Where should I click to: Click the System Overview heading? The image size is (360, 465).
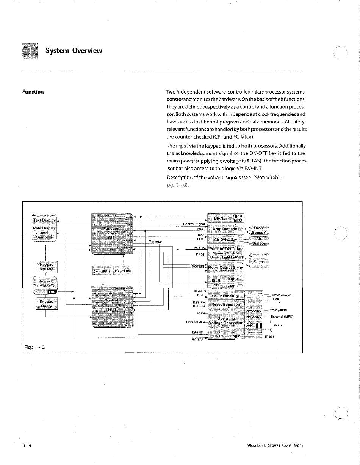click(x=74, y=51)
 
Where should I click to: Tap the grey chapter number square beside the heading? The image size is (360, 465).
click(x=30, y=51)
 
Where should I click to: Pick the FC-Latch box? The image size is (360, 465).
click(x=102, y=270)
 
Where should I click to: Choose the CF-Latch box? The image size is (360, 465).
click(x=123, y=270)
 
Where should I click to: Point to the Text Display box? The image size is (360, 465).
click(x=44, y=220)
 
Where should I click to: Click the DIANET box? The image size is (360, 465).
click(x=221, y=218)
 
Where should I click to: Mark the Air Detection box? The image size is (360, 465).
click(x=226, y=239)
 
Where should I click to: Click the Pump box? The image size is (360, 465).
click(x=259, y=261)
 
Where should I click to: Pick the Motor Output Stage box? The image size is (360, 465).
click(x=226, y=267)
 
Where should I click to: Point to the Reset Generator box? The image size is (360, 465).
click(x=226, y=304)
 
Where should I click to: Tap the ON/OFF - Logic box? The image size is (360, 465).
click(x=226, y=336)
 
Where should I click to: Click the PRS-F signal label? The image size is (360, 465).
click(x=157, y=242)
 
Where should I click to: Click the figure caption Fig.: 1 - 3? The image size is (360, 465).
click(x=34, y=346)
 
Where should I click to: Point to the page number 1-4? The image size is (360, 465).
click(x=27, y=446)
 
